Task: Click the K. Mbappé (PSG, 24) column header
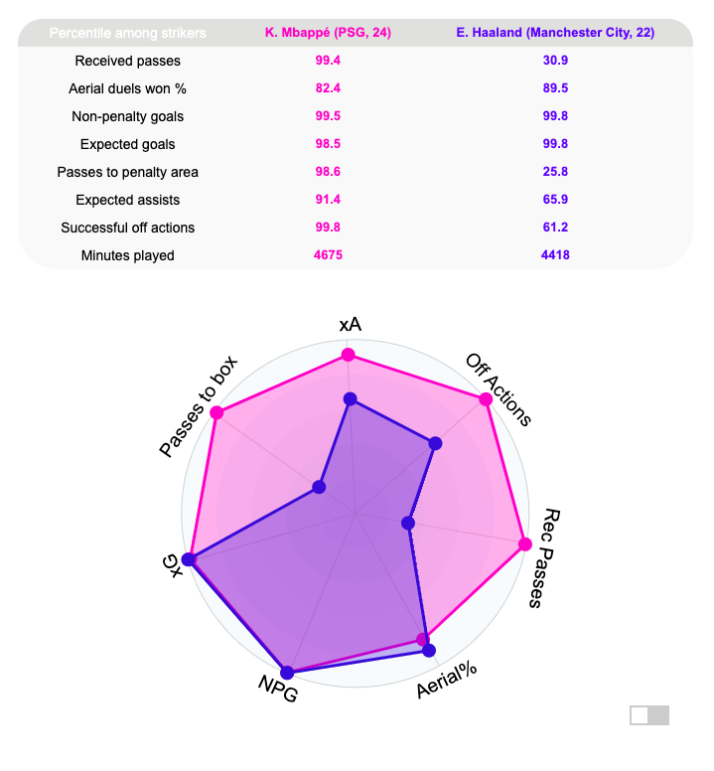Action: tap(328, 33)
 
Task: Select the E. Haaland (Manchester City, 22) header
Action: tap(555, 33)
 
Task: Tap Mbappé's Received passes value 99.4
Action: tap(328, 61)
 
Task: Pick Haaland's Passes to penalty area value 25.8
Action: tap(555, 172)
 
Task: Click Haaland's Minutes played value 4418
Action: tap(555, 255)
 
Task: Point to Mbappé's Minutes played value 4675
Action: tap(328, 255)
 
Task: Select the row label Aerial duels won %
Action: tap(127, 88)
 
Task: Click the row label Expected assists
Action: tap(127, 200)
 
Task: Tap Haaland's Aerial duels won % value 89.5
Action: tap(555, 88)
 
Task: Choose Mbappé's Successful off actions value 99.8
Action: tap(328, 228)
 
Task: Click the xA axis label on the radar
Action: tap(350, 325)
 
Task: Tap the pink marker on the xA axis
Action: tap(348, 355)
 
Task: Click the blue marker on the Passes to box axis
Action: tap(319, 487)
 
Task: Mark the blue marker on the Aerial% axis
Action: tap(429, 651)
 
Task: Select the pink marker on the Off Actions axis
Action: tap(486, 399)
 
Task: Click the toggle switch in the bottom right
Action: tap(649, 715)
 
